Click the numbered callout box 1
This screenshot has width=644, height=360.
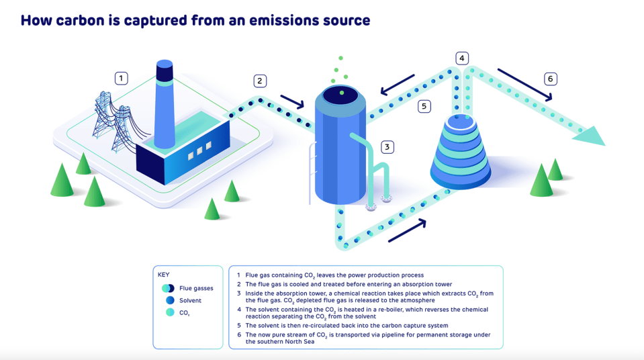click(121, 78)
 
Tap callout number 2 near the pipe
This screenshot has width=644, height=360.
click(260, 81)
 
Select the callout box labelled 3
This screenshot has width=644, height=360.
click(387, 147)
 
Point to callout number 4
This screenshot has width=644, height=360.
click(461, 58)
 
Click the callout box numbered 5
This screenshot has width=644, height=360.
click(424, 106)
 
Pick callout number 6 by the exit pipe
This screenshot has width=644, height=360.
click(551, 79)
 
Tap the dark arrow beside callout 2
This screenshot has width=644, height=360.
click(292, 101)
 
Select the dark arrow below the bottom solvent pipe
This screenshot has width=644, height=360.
click(407, 231)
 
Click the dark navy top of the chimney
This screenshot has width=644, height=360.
click(165, 71)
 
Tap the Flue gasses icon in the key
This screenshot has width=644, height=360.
click(168, 288)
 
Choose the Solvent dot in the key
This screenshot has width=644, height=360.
click(170, 300)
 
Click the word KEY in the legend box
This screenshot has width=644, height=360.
click(163, 275)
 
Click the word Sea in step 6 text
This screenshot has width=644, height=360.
click(308, 341)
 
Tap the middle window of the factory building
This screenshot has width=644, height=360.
click(199, 151)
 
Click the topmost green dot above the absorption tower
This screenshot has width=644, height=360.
click(340, 58)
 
